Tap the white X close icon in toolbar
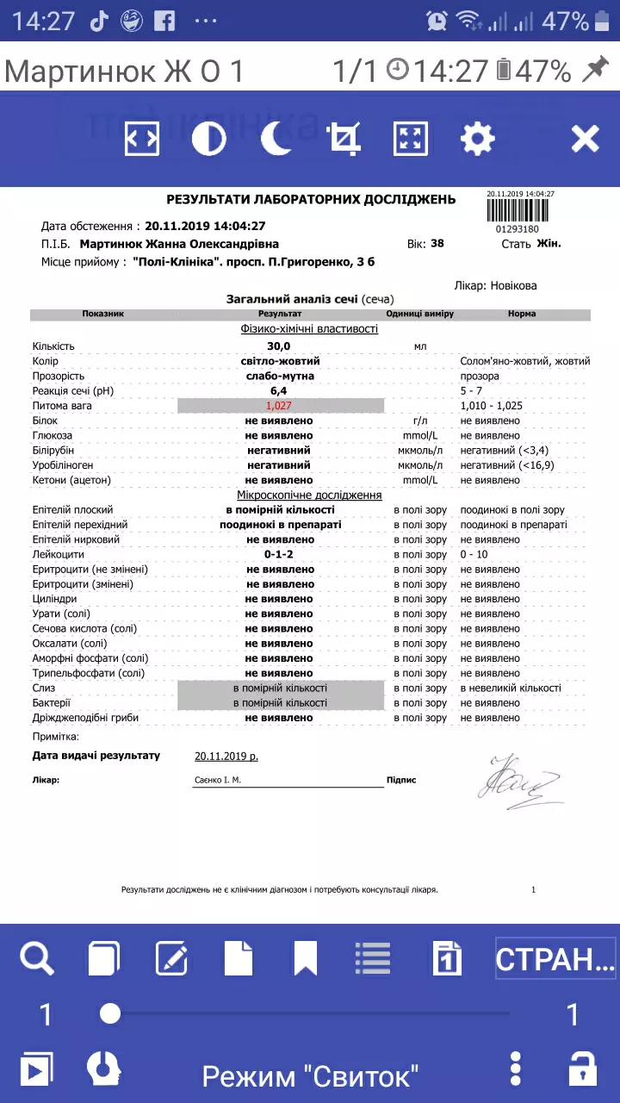586,139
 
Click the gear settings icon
478,139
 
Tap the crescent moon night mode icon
276,139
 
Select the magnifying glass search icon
37,958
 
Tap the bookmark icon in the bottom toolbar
306,958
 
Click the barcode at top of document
518,209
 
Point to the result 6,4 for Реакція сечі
279,391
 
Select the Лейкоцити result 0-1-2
279,555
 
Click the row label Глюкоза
53,436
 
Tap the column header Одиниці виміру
420,315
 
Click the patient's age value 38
437,244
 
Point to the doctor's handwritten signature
518,782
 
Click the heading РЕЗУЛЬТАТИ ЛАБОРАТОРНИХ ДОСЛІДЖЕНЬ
311,200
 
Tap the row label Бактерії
53,703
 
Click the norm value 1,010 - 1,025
492,406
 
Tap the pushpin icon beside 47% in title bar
594,72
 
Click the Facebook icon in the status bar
164,21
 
